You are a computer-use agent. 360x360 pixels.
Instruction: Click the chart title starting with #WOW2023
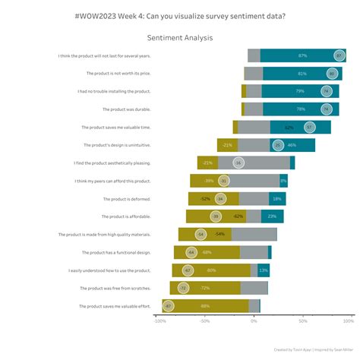[180, 15]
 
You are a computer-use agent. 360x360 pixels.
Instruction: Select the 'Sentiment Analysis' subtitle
[180, 37]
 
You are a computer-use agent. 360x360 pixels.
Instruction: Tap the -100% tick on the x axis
[159, 321]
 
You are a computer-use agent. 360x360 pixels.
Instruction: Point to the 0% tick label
[254, 321]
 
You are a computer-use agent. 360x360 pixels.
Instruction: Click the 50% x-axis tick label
[302, 321]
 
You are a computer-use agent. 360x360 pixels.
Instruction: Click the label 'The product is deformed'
[127, 198]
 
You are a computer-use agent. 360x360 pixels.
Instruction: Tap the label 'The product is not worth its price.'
[118, 74]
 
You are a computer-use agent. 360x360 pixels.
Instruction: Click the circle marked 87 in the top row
[339, 55]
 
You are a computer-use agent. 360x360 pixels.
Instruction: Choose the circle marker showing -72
[183, 288]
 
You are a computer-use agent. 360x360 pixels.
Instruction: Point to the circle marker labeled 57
[310, 127]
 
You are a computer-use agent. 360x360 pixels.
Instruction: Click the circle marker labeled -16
[238, 163]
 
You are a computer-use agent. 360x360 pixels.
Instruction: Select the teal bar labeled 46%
[292, 145]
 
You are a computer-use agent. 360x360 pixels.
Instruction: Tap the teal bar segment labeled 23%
[272, 216]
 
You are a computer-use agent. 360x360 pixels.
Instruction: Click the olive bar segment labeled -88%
[205, 306]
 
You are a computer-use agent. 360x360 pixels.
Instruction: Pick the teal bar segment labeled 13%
[264, 270]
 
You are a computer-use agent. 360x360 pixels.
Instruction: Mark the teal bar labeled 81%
[302, 74]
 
